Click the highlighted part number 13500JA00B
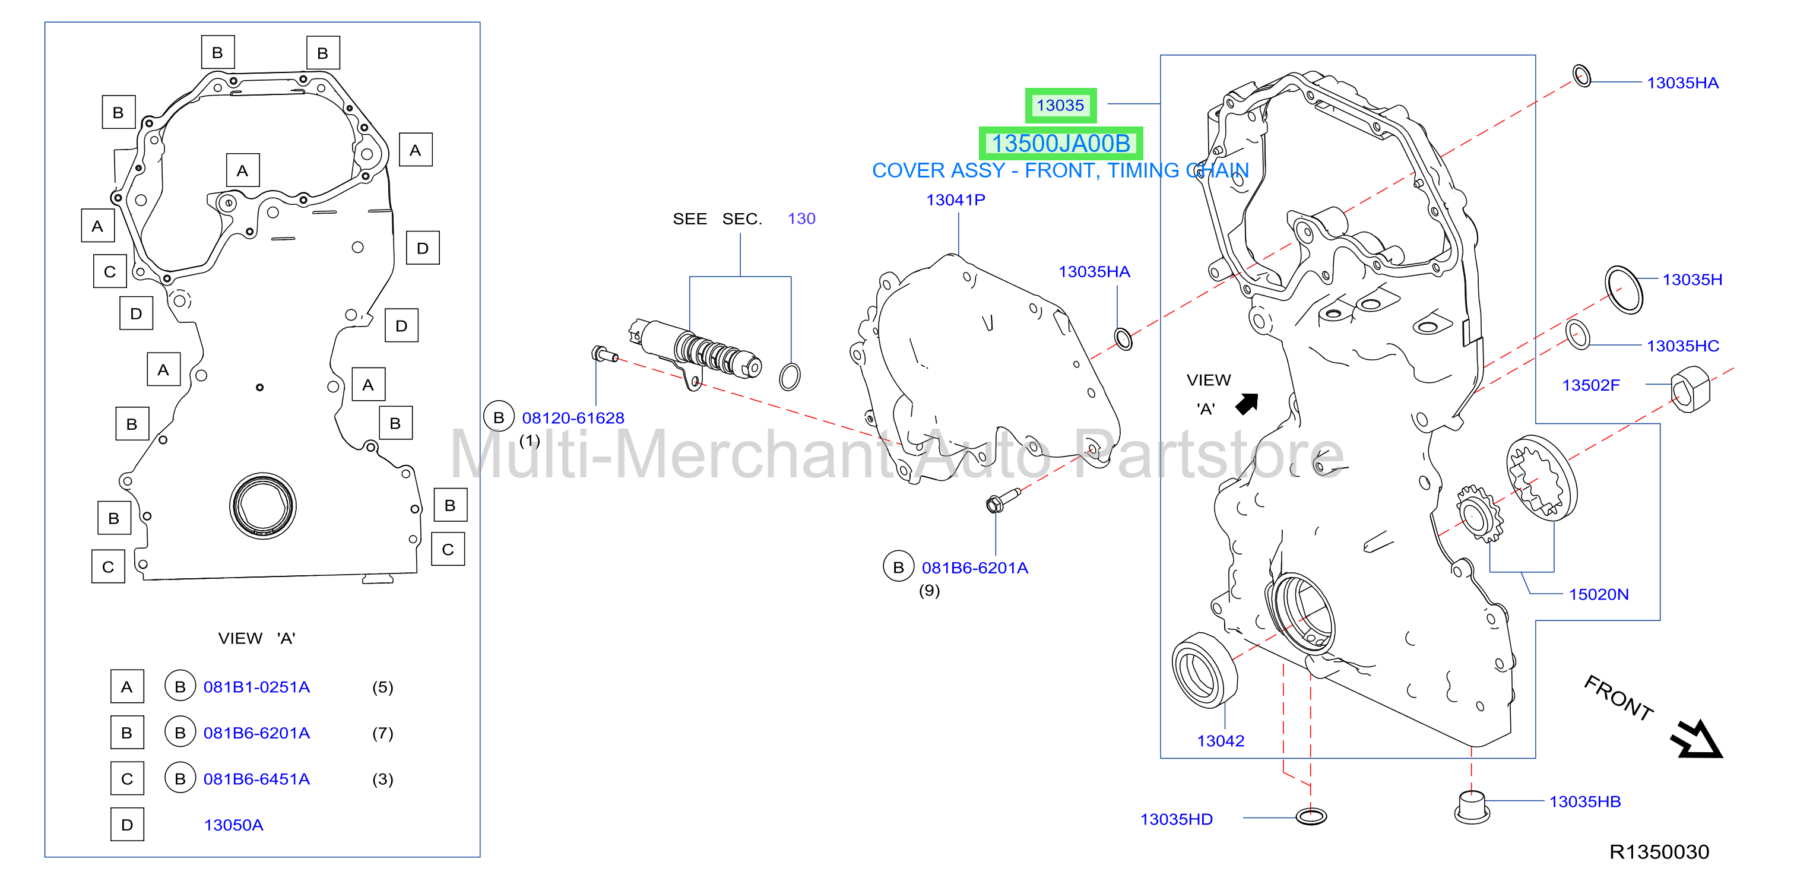(1060, 144)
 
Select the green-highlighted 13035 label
(1060, 105)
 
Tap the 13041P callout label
(956, 200)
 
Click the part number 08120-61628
(573, 418)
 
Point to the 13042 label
(1220, 740)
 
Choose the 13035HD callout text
(1176, 819)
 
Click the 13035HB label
(1584, 801)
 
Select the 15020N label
(1598, 594)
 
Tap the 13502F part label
(1590, 385)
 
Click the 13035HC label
(1682, 346)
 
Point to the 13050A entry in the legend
(233, 825)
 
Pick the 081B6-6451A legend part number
(256, 779)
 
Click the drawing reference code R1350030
(1659, 852)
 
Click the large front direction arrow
(1697, 739)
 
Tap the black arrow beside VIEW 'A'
(1247, 404)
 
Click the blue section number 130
(801, 218)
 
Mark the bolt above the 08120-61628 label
(604, 354)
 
